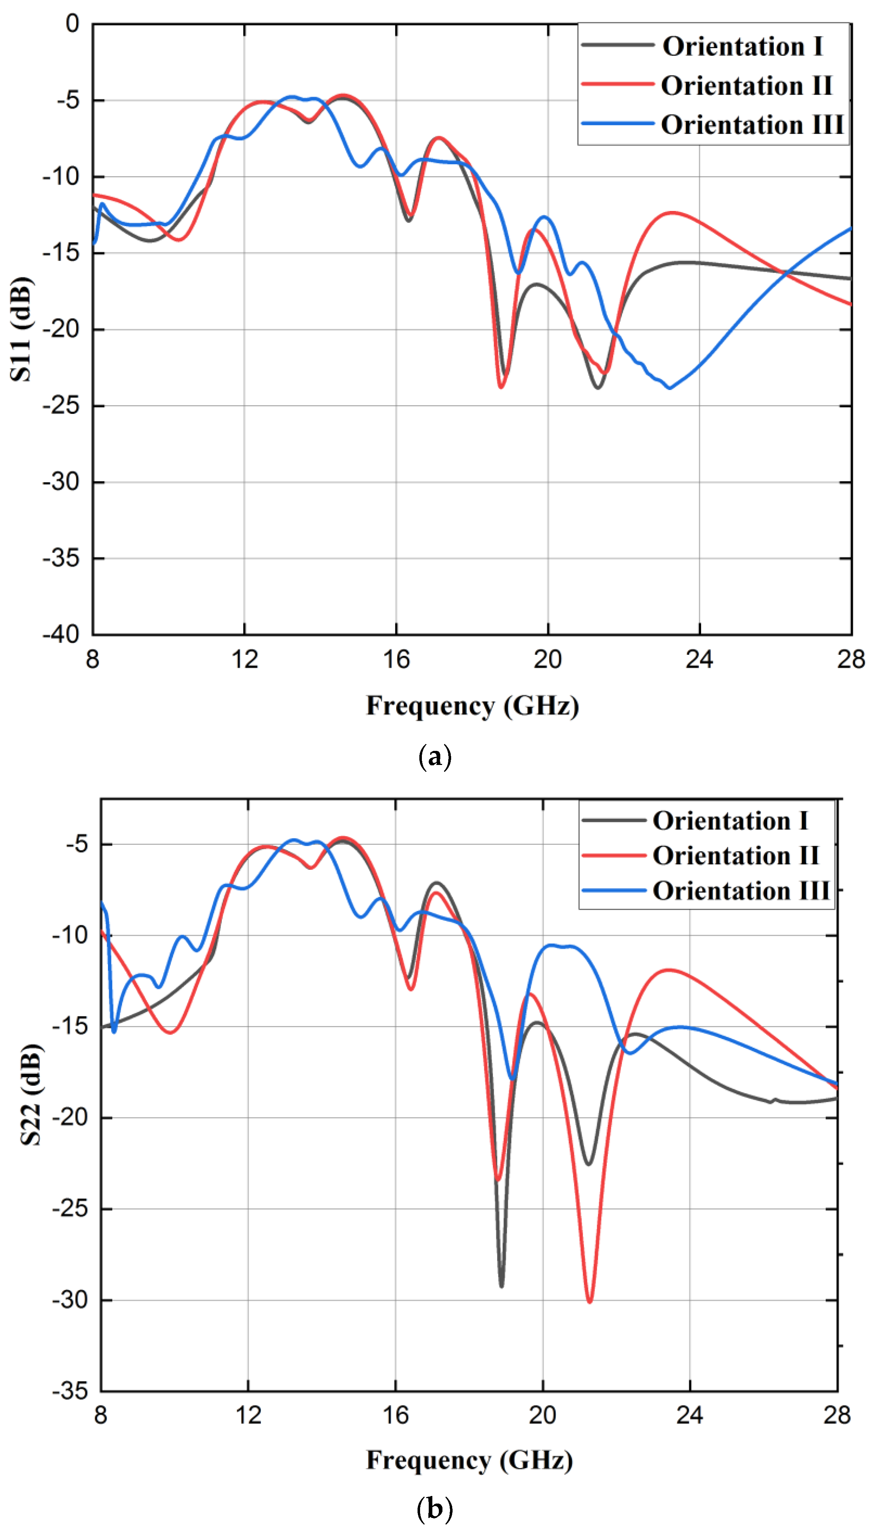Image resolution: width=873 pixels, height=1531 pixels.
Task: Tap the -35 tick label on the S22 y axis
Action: pyautogui.click(x=70, y=1391)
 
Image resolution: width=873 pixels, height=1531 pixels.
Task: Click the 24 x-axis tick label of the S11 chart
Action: pyautogui.click(x=699, y=659)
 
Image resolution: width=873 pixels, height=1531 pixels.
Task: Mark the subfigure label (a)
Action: pyautogui.click(x=435, y=757)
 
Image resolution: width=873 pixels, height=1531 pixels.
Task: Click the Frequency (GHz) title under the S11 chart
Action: pyautogui.click(x=472, y=706)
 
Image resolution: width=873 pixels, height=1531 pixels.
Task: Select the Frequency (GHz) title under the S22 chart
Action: pyautogui.click(x=470, y=1460)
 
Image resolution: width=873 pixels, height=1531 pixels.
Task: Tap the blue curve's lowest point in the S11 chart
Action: pyautogui.click(x=670, y=388)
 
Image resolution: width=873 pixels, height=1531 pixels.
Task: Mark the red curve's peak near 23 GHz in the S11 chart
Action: pyautogui.click(x=673, y=213)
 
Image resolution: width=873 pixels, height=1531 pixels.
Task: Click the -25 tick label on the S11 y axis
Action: pyautogui.click(x=61, y=406)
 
